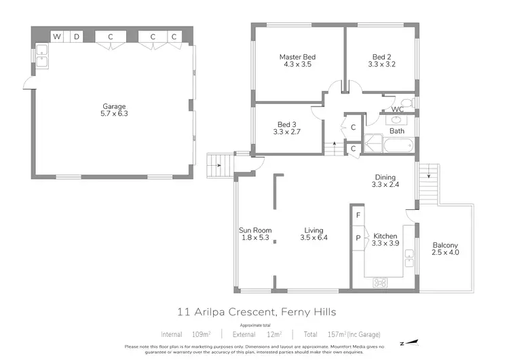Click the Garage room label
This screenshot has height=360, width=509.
tap(114, 105)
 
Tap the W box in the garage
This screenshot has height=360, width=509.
tap(58, 36)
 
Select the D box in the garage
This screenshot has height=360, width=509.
tap(77, 36)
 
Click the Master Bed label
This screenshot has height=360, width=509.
tap(297, 57)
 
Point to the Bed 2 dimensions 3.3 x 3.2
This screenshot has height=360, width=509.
tap(381, 65)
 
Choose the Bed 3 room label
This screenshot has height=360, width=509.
tap(286, 124)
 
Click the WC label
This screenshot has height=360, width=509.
tap(398, 109)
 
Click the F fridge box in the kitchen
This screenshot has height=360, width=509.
tap(358, 215)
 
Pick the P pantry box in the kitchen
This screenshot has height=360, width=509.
tap(358, 238)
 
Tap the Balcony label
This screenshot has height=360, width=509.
tap(445, 245)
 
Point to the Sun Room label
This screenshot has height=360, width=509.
tap(254, 230)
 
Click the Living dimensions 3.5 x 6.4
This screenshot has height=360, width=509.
tap(314, 238)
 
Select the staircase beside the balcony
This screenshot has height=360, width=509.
tap(427, 179)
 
